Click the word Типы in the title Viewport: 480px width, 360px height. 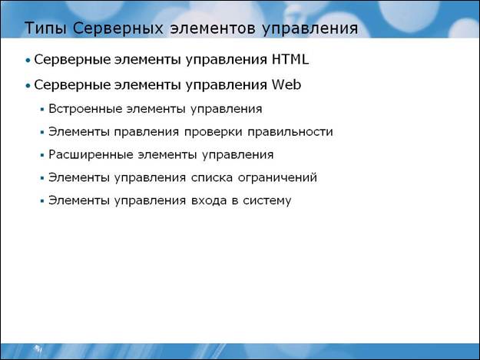45,28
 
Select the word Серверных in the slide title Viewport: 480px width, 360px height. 118,28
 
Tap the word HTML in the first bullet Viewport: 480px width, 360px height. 290,59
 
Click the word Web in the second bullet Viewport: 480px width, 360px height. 286,84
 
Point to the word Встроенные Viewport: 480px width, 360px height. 85,108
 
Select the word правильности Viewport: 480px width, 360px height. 290,132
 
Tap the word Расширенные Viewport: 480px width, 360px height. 91,154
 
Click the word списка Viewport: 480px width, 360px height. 212,177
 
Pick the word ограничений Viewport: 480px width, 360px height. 278,177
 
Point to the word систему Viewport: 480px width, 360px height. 267,200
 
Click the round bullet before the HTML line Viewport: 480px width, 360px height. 28,61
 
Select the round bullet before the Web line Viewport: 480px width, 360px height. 28,86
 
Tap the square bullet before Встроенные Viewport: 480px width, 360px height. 42,109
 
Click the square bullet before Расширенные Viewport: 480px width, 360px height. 42,155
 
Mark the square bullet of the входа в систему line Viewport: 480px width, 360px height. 42,201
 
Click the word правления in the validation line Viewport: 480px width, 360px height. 147,132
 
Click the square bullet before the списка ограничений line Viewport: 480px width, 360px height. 42,178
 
